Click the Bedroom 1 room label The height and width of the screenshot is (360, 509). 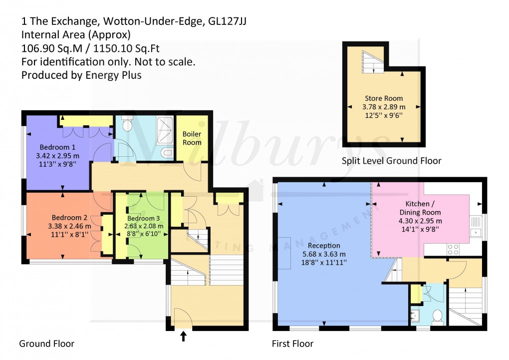click(58, 147)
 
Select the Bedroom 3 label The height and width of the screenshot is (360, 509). click(143, 218)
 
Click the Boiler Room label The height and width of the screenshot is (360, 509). click(192, 138)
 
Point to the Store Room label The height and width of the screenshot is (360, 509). click(383, 98)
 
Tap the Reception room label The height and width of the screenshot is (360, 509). click(324, 246)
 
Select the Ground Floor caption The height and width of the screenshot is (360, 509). click(46, 344)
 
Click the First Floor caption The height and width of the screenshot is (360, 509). click(292, 344)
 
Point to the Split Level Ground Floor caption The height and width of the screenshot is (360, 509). click(391, 161)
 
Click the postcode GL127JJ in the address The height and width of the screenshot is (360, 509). click(229, 21)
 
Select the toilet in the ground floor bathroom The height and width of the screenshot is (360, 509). click(127, 124)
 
